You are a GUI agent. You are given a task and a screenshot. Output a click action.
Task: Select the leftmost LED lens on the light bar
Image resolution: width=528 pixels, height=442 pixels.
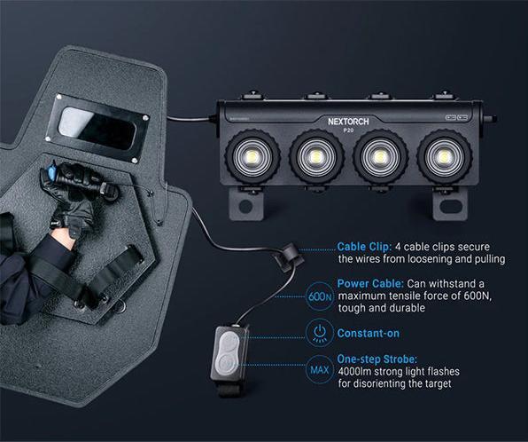tap(252, 157)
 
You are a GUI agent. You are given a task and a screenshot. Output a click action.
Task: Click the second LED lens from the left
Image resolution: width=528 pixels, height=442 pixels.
tap(315, 157)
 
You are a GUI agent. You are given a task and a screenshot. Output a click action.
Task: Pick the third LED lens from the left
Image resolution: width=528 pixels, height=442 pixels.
tap(380, 157)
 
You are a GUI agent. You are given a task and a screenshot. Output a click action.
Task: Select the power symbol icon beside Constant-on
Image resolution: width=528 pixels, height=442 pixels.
tap(320, 334)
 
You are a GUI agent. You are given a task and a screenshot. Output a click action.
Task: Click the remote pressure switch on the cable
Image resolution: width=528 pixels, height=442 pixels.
tap(229, 353)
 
